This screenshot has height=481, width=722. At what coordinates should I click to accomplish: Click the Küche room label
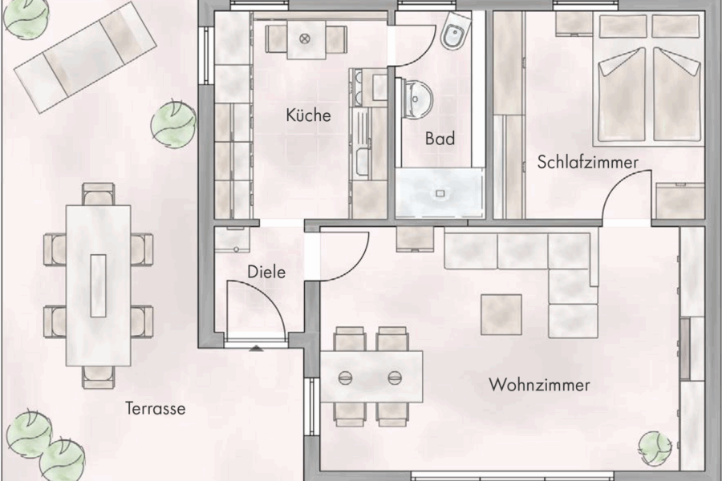[x=308, y=115]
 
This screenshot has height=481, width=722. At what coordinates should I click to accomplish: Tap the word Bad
[x=440, y=139]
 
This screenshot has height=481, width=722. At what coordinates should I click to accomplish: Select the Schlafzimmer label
[x=588, y=163]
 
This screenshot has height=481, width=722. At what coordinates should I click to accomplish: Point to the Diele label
[x=266, y=272]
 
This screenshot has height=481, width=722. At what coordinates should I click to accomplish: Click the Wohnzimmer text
[x=539, y=386]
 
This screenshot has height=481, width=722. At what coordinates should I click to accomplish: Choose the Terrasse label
[x=155, y=409]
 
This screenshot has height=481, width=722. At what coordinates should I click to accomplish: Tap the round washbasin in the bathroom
[x=417, y=98]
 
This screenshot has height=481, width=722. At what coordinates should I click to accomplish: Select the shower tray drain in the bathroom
[x=440, y=193]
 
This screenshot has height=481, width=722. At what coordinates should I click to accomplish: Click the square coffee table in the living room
[x=501, y=314]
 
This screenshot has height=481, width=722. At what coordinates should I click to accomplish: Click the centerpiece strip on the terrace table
[x=98, y=285]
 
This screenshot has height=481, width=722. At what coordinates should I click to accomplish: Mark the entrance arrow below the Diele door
[x=255, y=347]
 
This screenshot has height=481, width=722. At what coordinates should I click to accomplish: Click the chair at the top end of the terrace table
[x=98, y=194]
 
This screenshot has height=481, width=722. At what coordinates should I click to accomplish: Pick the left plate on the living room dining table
[x=347, y=378]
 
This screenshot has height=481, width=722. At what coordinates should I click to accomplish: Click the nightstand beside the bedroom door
[x=679, y=200]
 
